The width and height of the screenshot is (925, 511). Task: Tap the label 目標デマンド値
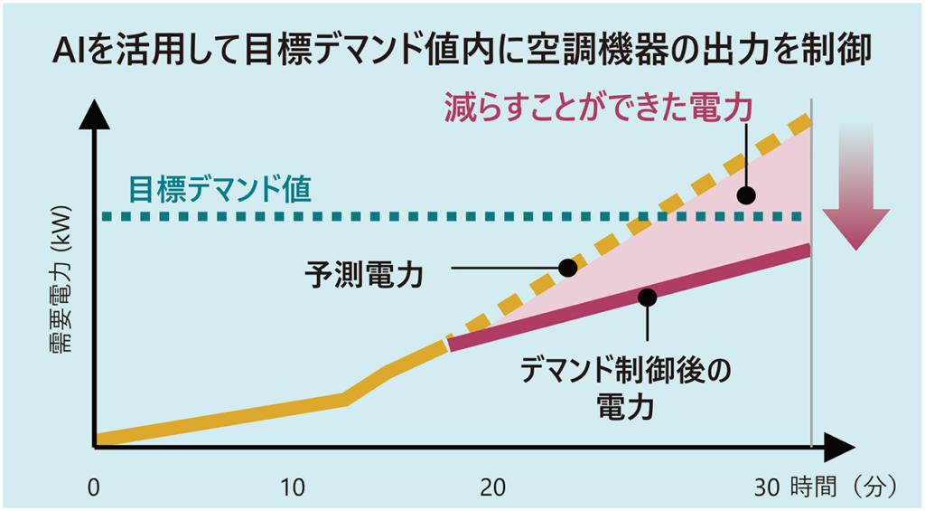pyautogui.click(x=220, y=188)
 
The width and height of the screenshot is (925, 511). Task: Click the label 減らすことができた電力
pyautogui.click(x=598, y=109)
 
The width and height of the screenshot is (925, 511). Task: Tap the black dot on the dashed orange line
pyautogui.click(x=567, y=267)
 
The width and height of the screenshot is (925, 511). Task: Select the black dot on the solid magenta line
pyautogui.click(x=647, y=297)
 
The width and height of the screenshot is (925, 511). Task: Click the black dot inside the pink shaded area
pyautogui.click(x=746, y=194)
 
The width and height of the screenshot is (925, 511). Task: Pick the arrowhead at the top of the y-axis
pyautogui.click(x=94, y=112)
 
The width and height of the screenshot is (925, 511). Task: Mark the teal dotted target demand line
pyautogui.click(x=361, y=217)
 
